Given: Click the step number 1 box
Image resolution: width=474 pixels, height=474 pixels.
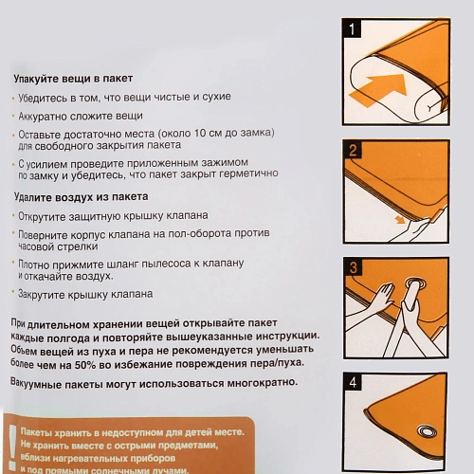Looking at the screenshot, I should point(353,30).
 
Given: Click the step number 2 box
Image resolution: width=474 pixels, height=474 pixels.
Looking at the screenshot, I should point(353,151).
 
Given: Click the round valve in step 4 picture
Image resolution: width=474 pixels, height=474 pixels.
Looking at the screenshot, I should point(424,432).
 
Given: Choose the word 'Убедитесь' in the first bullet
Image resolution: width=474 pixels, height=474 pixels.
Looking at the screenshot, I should point(42,97).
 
